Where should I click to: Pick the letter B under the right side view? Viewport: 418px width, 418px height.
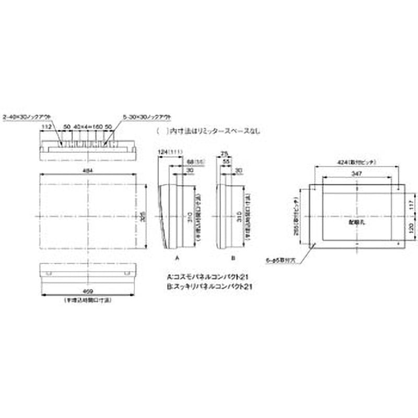(233, 258)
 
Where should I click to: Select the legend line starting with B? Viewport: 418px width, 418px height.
(209, 286)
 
